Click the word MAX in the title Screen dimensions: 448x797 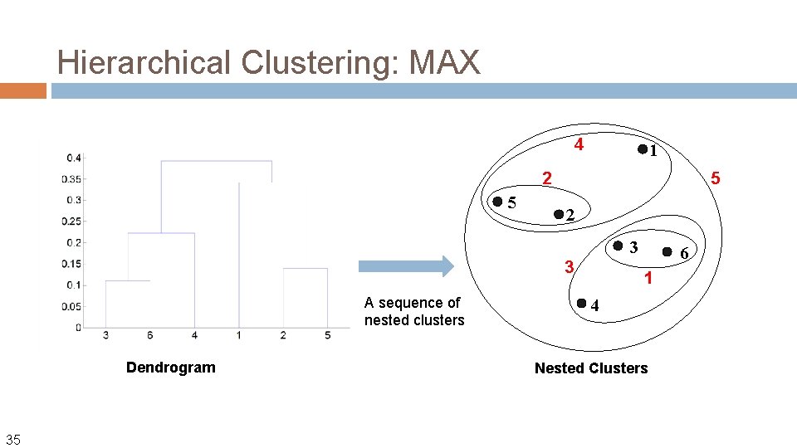click(x=444, y=62)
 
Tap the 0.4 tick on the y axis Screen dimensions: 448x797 click(x=74, y=158)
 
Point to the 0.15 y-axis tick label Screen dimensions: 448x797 click(x=71, y=264)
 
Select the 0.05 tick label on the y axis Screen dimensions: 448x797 click(x=71, y=306)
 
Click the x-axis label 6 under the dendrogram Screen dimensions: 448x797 click(x=150, y=335)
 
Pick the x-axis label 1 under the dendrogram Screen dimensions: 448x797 click(x=239, y=335)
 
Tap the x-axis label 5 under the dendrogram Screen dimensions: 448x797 click(x=328, y=335)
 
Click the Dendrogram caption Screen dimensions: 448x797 click(x=170, y=368)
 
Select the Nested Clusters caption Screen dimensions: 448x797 click(x=590, y=368)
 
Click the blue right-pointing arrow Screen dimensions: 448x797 click(x=406, y=265)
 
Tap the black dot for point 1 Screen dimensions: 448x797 click(x=642, y=149)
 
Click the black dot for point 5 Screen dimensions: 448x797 click(x=496, y=201)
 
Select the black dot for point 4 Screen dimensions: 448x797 click(x=582, y=303)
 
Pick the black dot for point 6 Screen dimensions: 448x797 click(x=667, y=250)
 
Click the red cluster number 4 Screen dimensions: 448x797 click(x=579, y=145)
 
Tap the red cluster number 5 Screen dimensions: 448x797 click(x=716, y=178)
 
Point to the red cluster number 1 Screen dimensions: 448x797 click(x=648, y=279)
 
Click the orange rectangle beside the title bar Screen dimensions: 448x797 click(x=22, y=90)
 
